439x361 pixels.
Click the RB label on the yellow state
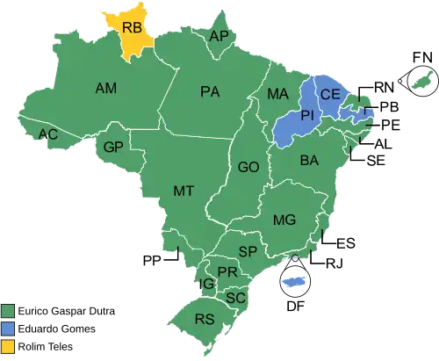[x=131, y=29]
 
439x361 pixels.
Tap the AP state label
[x=219, y=37]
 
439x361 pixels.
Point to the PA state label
[x=209, y=91]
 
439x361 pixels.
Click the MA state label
[x=277, y=94]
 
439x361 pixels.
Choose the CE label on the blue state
[x=330, y=94]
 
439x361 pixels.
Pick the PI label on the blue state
[x=307, y=116]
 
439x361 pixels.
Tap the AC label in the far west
[x=49, y=134]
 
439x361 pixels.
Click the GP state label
[x=112, y=147]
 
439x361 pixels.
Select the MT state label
[x=183, y=191]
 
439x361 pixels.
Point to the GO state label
[x=248, y=167]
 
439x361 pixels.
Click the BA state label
[x=309, y=161]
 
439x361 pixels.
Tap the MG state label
[x=284, y=220]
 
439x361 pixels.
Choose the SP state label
[x=248, y=252]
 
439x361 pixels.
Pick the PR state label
[x=227, y=272]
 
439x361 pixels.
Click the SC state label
[x=234, y=298]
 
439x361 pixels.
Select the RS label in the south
[x=205, y=319]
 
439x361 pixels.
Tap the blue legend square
[x=8, y=328]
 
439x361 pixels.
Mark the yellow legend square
[x=8, y=344]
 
